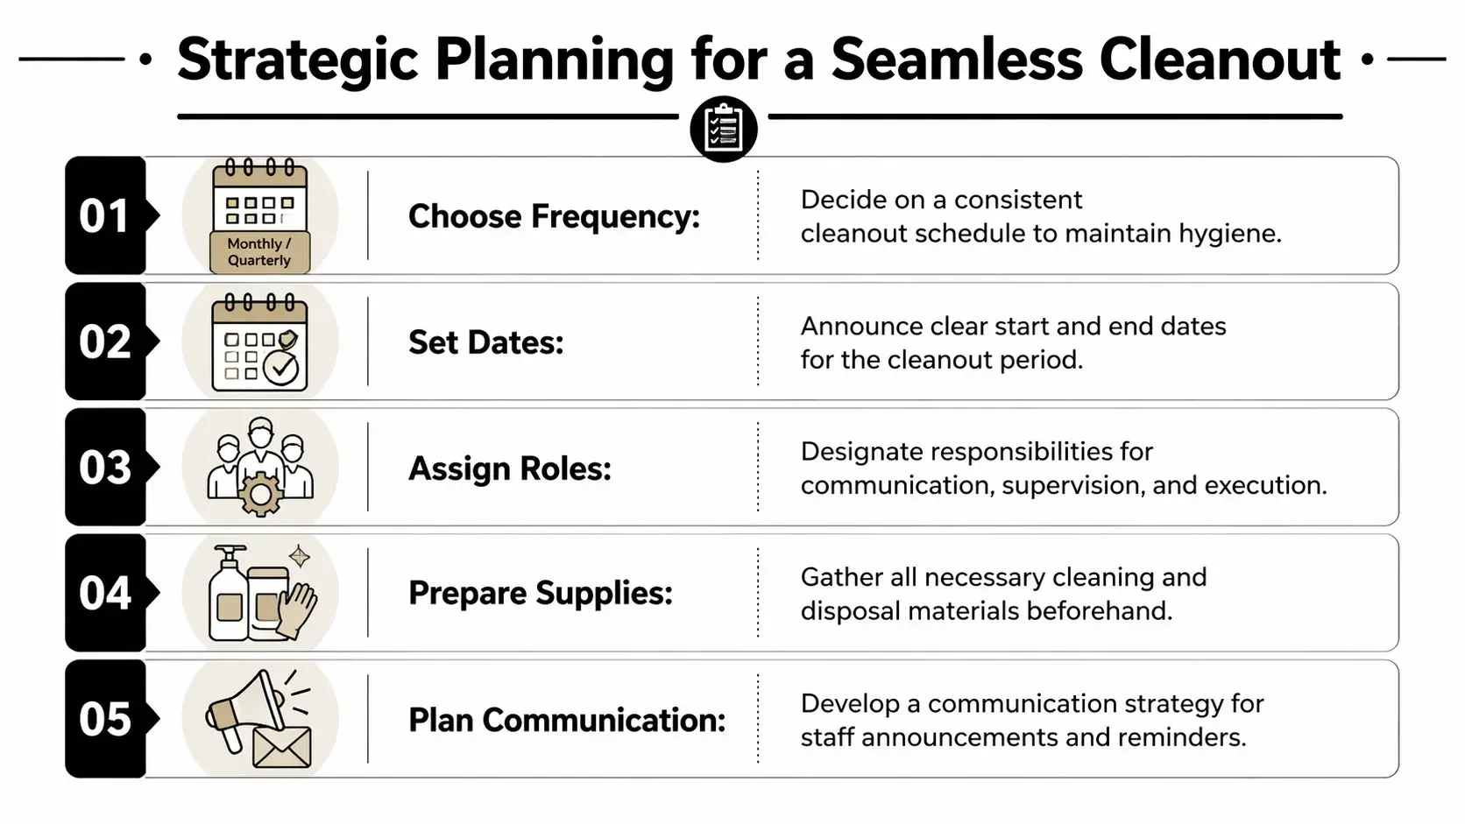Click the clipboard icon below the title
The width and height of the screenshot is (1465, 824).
pos(724,129)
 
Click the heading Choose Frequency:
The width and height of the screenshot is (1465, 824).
pos(554,216)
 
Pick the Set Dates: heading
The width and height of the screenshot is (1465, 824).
pos(486,342)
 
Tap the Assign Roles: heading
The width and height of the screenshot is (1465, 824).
pos(509,468)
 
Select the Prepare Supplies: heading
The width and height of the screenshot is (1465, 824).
pos(541,594)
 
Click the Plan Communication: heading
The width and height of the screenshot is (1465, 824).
pos(567,720)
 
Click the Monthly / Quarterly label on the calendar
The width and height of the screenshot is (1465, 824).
pos(259,251)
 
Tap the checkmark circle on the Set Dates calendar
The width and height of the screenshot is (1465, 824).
pos(281,369)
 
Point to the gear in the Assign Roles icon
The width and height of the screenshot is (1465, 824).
pos(260,494)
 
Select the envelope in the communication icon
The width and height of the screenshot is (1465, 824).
pos(282,747)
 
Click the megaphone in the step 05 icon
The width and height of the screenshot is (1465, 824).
pos(245,710)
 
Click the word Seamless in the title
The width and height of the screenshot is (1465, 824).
pos(956,60)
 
